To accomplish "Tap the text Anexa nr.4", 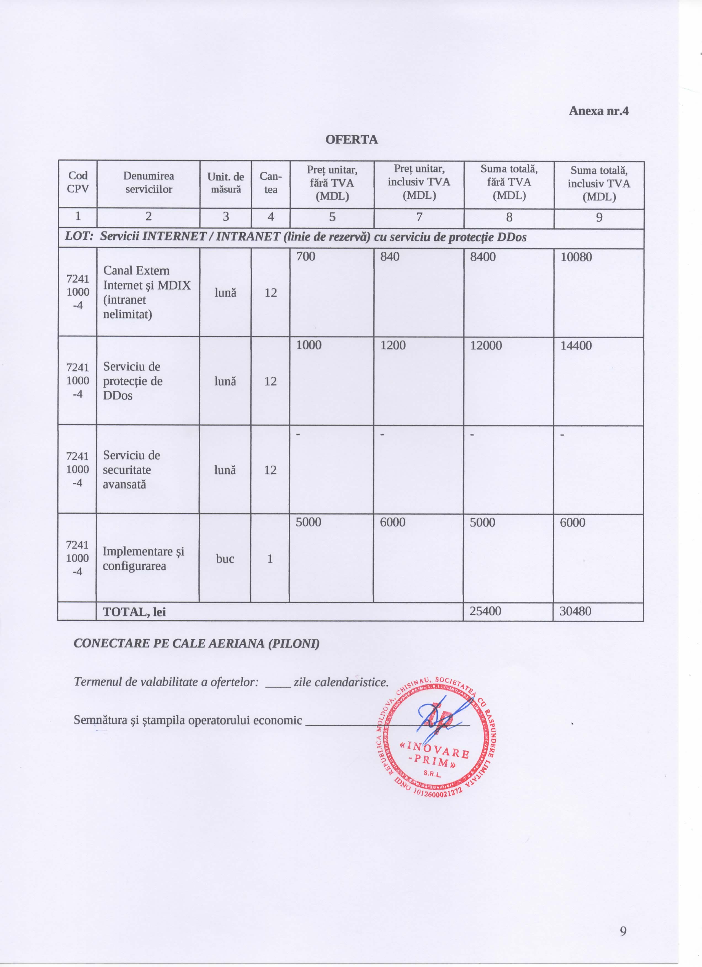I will pyautogui.click(x=599, y=111).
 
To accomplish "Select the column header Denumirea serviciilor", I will pyautogui.click(x=148, y=182).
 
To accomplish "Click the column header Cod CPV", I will pyautogui.click(x=78, y=182).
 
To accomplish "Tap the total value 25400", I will pyautogui.click(x=485, y=611).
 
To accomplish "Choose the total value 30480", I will pyautogui.click(x=575, y=611).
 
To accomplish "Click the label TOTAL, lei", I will pyautogui.click(x=134, y=612).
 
